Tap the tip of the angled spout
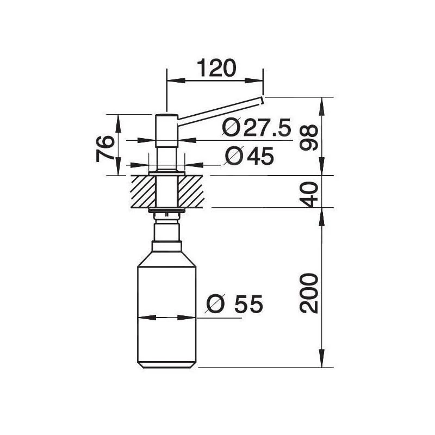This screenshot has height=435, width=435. point(262,100)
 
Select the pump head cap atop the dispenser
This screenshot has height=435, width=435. point(166,118)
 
